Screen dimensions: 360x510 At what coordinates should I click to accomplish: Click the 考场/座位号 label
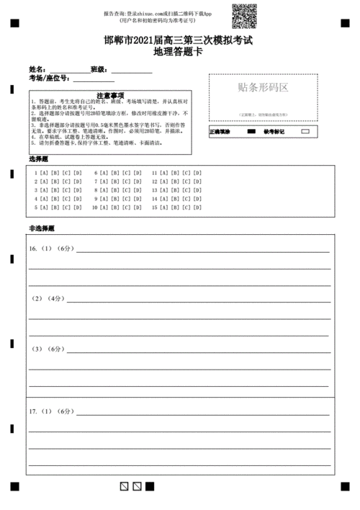point(49,79)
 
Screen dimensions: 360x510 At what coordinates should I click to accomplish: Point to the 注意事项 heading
point(109,95)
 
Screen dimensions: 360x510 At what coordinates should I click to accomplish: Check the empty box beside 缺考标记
point(305,132)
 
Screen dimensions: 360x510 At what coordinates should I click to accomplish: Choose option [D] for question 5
point(78,207)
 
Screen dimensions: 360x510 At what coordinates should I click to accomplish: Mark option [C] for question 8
point(127,191)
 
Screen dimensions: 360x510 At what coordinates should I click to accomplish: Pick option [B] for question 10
point(115,207)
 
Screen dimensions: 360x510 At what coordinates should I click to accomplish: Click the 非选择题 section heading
point(42,228)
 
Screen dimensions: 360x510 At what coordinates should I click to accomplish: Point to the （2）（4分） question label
point(48,298)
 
